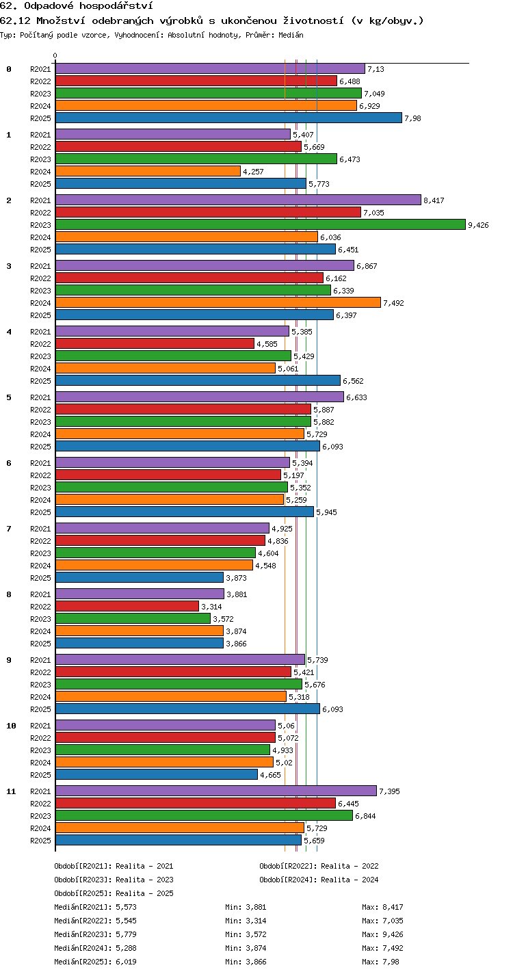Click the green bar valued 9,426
261,224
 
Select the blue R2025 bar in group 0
228,118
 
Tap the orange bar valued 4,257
148,171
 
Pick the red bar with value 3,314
127,606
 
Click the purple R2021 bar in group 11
216,791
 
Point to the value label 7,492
393,303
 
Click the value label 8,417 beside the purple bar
434,200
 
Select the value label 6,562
353,381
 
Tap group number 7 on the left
9,529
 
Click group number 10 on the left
11,726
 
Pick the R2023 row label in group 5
40,422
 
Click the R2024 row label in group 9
40,696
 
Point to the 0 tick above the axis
55,55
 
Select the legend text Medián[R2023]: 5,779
95,934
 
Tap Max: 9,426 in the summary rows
382,934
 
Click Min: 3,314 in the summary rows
246,921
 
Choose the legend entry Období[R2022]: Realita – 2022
319,866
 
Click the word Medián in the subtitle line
291,35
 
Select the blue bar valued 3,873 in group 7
140,577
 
